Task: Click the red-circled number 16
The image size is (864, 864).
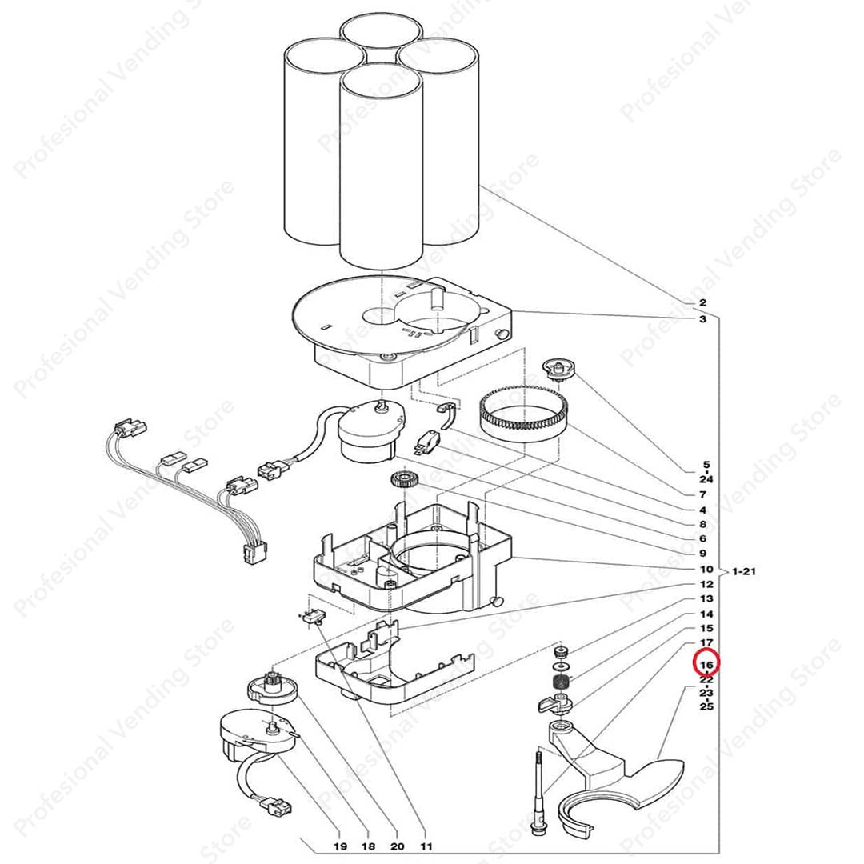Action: [707, 664]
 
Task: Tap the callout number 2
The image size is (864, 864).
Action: [702, 302]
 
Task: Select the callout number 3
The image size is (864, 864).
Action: [702, 319]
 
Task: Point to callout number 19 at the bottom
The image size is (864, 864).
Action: [339, 846]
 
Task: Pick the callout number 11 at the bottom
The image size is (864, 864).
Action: [426, 846]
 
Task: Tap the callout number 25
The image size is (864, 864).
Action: [706, 707]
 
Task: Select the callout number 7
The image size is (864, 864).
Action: [702, 495]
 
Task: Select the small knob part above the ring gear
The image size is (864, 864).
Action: [559, 369]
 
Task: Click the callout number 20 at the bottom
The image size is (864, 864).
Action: [398, 846]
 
